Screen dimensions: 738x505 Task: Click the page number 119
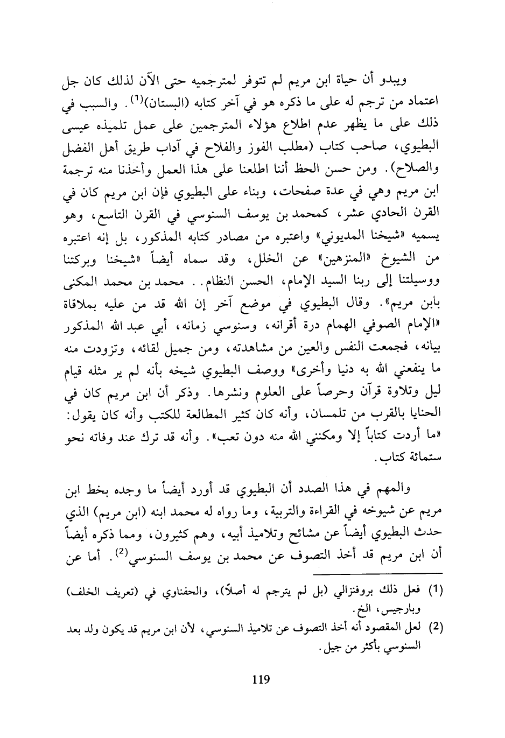tap(260, 679)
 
